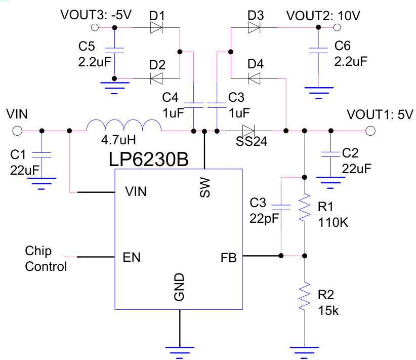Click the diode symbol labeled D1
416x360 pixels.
click(x=157, y=27)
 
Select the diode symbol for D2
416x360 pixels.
click(x=157, y=78)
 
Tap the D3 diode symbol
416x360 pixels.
click(x=255, y=27)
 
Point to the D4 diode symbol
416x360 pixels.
click(x=255, y=78)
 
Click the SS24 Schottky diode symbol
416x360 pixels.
click(x=247, y=131)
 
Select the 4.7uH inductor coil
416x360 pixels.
click(x=124, y=127)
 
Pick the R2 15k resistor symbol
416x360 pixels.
click(x=304, y=297)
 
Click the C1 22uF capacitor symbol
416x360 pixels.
click(x=41, y=155)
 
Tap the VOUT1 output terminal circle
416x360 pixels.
click(x=370, y=131)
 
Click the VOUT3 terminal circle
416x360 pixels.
click(x=94, y=27)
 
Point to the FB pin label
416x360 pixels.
click(x=228, y=257)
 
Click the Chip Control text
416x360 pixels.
click(x=46, y=259)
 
